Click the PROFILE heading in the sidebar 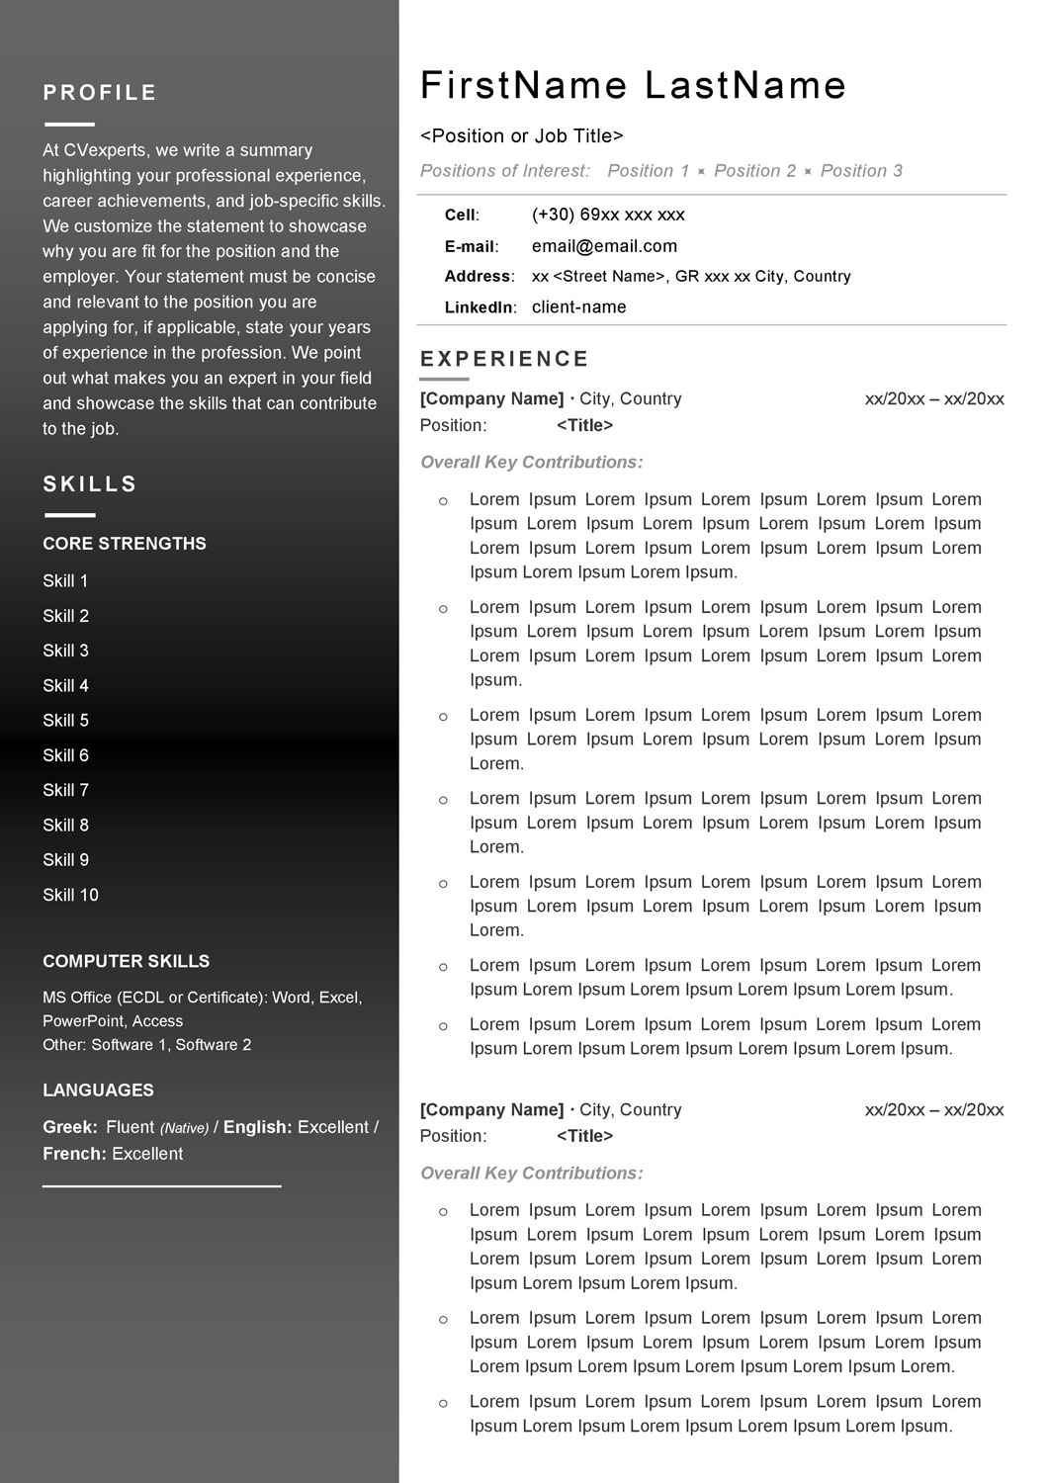[100, 93]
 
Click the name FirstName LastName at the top [633, 86]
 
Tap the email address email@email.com [604, 246]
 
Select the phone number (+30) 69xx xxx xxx [608, 215]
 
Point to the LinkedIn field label [480, 307]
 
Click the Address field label [479, 277]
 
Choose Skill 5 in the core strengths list [65, 721]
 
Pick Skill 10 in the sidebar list [70, 895]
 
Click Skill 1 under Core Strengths [65, 581]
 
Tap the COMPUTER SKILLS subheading [126, 961]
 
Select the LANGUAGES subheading [98, 1090]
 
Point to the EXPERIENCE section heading [504, 359]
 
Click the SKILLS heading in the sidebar [90, 484]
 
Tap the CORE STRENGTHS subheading [125, 544]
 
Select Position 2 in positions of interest [754, 171]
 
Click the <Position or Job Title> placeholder [522, 136]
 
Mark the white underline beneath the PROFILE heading [69, 125]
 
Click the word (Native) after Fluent [184, 1128]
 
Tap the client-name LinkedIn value [578, 307]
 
